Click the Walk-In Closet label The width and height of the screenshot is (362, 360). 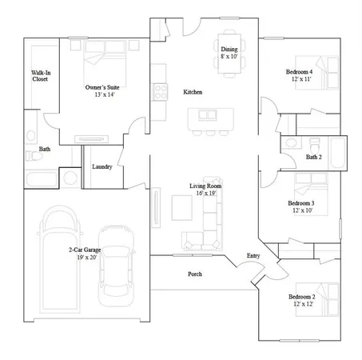[40, 76]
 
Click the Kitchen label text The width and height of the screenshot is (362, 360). [193, 93]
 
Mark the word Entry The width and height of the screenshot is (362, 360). [253, 255]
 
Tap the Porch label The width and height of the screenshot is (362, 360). [194, 274]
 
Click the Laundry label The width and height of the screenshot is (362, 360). [101, 166]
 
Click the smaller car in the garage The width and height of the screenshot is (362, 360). [117, 271]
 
